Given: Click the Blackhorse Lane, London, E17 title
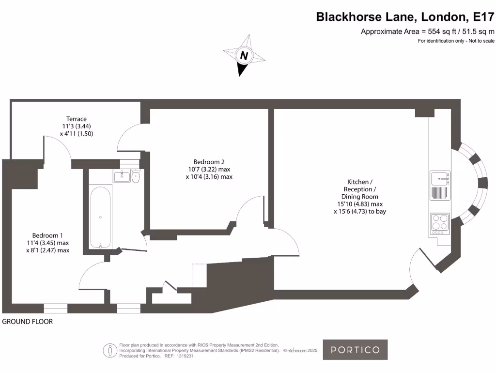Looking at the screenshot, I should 405,17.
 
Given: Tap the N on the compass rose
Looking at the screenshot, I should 244,56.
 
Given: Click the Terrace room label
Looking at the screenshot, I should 77,119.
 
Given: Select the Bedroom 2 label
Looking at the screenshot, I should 209,162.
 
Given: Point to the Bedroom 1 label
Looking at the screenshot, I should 48,235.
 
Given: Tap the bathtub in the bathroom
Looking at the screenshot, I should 100,217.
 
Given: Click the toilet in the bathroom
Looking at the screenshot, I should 136,177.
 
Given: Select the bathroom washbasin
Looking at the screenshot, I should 122,176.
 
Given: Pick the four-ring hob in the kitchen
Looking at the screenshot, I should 439,222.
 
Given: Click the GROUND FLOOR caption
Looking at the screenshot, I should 28,322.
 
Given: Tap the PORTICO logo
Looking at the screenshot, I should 355,350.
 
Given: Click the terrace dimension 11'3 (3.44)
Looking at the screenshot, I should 77,126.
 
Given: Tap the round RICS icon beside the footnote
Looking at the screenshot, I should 109,350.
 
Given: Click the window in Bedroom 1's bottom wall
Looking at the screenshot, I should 55,308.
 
